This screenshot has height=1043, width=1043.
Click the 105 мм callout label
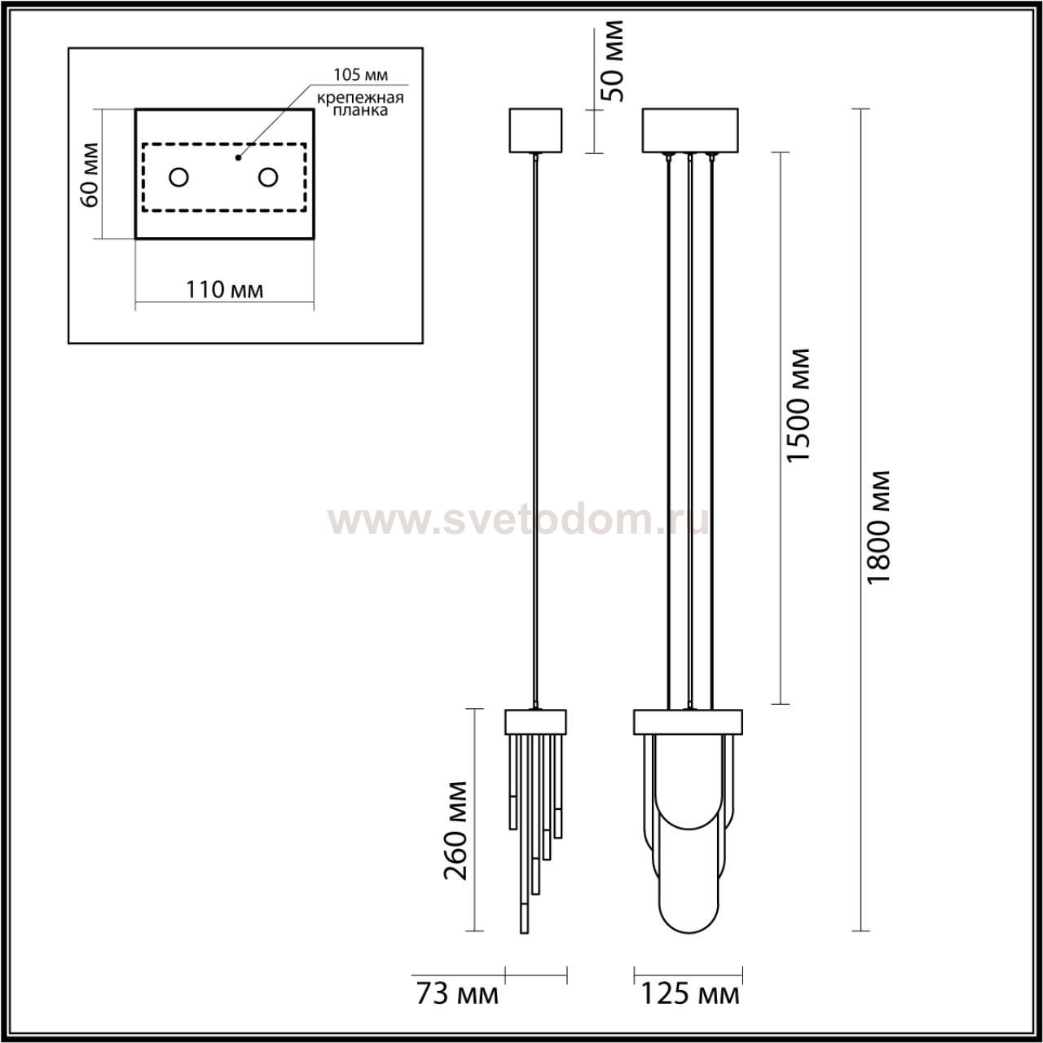360,75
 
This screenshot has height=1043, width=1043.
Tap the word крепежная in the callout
360,99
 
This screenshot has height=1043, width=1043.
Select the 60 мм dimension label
90,175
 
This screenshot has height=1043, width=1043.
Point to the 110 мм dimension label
225,290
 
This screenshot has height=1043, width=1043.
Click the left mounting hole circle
178,177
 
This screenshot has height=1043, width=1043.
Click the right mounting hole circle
268,177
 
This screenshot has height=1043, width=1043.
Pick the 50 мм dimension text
614,60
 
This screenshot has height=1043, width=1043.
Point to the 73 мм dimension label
457,1009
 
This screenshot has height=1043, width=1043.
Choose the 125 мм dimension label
690,1009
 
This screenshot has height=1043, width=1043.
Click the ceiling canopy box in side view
535,130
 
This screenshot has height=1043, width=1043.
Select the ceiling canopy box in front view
690,130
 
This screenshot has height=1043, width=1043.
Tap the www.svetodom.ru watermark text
518,521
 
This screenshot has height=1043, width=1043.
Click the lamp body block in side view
535,721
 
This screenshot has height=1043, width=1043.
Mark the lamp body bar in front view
688,721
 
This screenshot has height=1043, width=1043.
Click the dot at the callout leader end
237,158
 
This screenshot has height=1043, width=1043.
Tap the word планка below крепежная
360,111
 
